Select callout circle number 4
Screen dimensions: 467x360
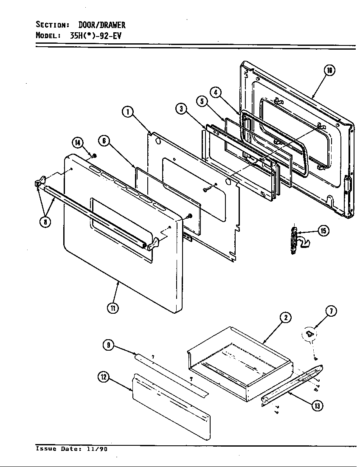[x=216, y=92]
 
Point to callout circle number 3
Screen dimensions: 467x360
[x=181, y=109]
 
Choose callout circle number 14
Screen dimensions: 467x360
[x=78, y=143]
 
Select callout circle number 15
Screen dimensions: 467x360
[x=323, y=231]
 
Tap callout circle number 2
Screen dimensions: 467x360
[x=285, y=317]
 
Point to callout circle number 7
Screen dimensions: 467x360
[x=331, y=311]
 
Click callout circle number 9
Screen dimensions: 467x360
[x=109, y=345]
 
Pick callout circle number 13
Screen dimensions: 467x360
[x=316, y=406]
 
